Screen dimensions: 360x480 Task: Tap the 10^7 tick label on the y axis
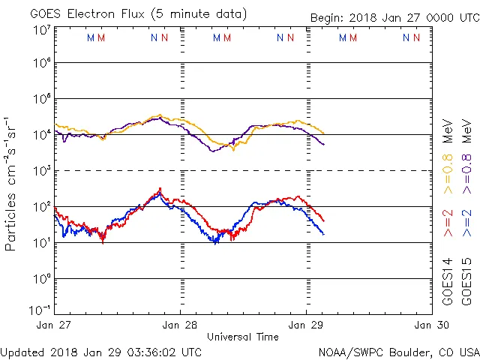(41, 29)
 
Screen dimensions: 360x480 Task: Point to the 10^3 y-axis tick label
(41, 171)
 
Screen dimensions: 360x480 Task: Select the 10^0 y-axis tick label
(41, 279)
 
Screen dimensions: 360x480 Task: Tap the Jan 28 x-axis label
(181, 325)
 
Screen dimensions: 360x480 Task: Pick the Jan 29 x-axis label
(306, 325)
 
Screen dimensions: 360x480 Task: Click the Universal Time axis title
(243, 337)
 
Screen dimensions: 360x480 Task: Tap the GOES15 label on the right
(467, 280)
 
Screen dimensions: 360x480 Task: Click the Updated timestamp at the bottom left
(101, 352)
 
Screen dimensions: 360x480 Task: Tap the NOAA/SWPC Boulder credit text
(398, 352)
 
